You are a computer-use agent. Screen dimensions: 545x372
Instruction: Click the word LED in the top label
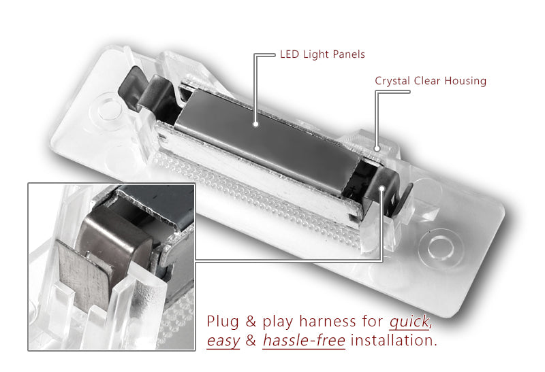click(290, 54)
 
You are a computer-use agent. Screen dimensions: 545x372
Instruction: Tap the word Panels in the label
click(349, 54)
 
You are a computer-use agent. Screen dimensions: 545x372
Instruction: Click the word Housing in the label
click(465, 81)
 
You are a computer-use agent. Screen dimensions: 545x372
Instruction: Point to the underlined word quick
click(410, 322)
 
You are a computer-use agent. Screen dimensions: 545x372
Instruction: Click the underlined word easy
click(223, 341)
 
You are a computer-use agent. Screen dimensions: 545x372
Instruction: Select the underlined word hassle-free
click(304, 340)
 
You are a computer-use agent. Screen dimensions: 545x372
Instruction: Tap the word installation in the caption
click(394, 340)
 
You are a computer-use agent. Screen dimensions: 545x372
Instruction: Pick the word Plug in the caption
click(223, 322)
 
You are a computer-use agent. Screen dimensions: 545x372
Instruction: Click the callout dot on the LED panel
click(256, 124)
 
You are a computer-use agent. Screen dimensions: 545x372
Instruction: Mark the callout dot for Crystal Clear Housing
click(377, 149)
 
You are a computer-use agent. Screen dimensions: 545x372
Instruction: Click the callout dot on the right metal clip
click(382, 188)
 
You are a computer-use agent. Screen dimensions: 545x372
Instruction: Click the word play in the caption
click(278, 322)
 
